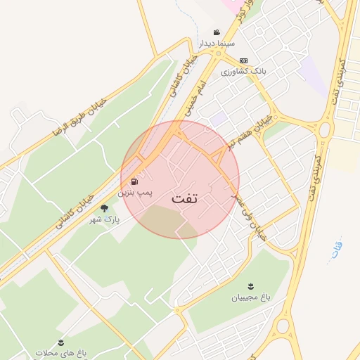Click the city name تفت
(x=185, y=199)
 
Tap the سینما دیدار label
(x=215, y=44)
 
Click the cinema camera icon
(x=217, y=32)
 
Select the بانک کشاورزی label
(x=243, y=72)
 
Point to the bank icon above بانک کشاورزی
(x=243, y=60)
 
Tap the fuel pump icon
(x=134, y=181)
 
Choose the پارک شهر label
(x=104, y=219)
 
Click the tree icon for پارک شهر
(x=105, y=208)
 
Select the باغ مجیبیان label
(x=251, y=297)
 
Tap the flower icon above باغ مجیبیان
(x=252, y=286)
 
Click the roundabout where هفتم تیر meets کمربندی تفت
(x=324, y=130)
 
